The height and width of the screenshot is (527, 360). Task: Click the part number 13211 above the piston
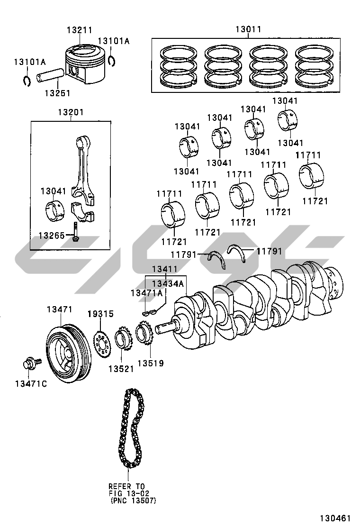pos(79,30)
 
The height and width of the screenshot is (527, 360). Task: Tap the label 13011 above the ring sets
pos(248,30)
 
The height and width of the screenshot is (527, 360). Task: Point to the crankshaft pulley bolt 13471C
pos(31,365)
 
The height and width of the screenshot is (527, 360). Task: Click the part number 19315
pos(100,314)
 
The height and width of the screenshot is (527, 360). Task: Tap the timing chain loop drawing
pos(128,427)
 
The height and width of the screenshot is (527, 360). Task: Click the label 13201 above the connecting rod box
pos(71,113)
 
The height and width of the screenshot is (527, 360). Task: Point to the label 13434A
pos(167,283)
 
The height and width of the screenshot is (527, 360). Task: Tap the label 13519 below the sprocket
pos(150,363)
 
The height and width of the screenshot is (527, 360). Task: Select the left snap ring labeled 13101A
pos(27,81)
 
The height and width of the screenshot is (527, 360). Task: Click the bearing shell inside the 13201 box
pos(56,210)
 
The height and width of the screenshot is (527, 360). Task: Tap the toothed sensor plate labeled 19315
pos(100,342)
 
